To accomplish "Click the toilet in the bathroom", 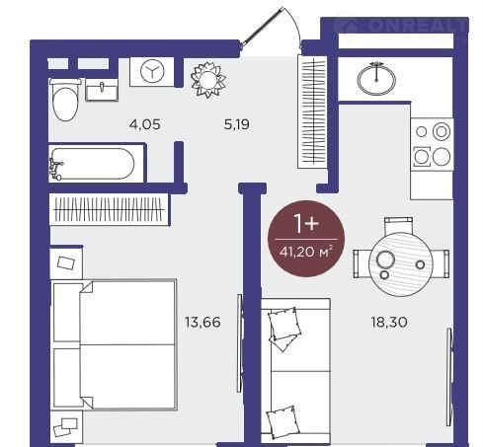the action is click(x=65, y=100).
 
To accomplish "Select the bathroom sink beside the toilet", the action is click(x=102, y=90).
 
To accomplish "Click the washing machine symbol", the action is click(x=152, y=71).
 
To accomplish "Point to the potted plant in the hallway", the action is click(x=208, y=79).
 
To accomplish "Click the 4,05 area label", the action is click(x=145, y=124).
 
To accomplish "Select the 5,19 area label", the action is click(x=237, y=124).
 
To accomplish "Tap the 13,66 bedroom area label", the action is click(x=202, y=322).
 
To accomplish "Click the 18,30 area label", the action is click(x=389, y=322).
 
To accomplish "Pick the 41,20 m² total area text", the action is click(x=306, y=252).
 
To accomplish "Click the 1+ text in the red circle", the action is click(x=306, y=223).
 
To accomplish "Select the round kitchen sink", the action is click(x=376, y=78).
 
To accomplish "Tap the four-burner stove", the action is click(x=432, y=144).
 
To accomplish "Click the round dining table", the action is click(x=401, y=264).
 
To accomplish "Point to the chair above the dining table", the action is click(x=398, y=225).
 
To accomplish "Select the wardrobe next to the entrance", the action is click(x=313, y=112).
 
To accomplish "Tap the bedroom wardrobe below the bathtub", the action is click(x=109, y=209).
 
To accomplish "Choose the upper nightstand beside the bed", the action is click(x=66, y=262).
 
